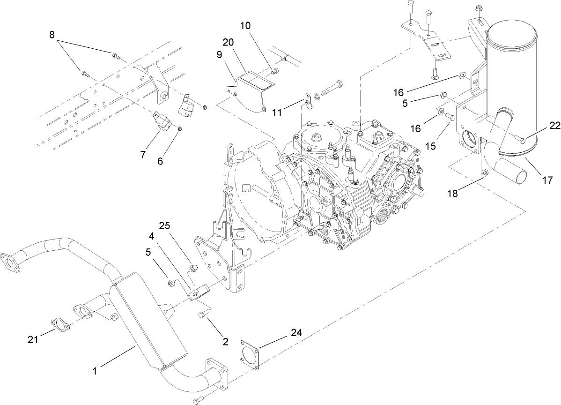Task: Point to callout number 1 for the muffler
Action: coord(96,371)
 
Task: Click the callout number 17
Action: coord(547,179)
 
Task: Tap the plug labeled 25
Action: coord(192,269)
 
